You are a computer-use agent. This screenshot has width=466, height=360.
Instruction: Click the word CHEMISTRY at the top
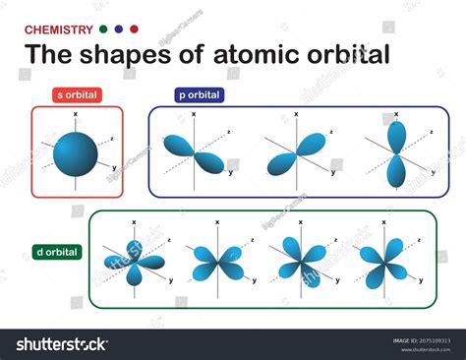(x=59, y=30)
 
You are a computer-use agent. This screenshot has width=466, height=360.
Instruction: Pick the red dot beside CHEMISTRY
(x=135, y=30)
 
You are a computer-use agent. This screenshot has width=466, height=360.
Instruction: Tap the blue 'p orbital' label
(x=200, y=95)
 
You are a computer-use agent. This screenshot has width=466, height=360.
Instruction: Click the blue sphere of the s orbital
(x=76, y=150)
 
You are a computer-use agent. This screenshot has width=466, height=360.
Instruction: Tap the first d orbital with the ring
(x=134, y=261)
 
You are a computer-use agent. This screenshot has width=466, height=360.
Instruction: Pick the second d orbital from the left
(x=216, y=262)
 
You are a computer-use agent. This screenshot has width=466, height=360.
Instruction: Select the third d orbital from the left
(x=299, y=262)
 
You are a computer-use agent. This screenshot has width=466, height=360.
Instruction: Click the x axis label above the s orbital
(x=76, y=113)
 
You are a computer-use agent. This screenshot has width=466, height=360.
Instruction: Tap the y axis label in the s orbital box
(x=115, y=168)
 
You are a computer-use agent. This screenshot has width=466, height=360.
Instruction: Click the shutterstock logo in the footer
(x=61, y=343)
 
